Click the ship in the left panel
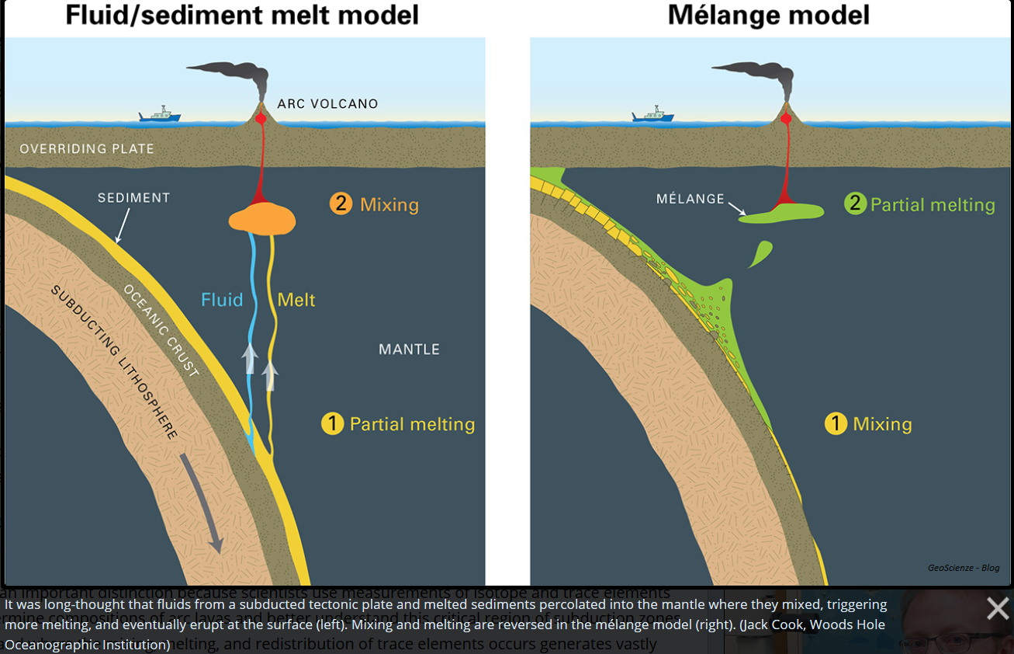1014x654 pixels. pos(161,115)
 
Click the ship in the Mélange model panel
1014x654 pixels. pos(653,115)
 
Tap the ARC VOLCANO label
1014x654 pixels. pos(327,104)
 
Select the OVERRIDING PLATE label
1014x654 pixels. pos(87,148)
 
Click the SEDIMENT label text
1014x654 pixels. pos(133,198)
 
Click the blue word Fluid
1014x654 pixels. pos(222,300)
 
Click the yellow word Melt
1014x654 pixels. pos(296,300)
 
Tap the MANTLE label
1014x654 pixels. pos(409,350)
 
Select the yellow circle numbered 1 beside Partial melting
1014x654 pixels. pos(333,424)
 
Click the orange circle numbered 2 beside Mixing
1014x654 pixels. pos(341,204)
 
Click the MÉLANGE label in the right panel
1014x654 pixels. pos(690,199)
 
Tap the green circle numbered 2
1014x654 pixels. pos(855,204)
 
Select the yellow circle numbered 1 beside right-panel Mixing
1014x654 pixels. pos(836,424)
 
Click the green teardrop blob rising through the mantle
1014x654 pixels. pos(760,253)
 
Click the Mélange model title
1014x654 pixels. pos(769,16)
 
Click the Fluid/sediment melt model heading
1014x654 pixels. pos(242,16)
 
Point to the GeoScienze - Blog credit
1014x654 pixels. pos(963,568)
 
